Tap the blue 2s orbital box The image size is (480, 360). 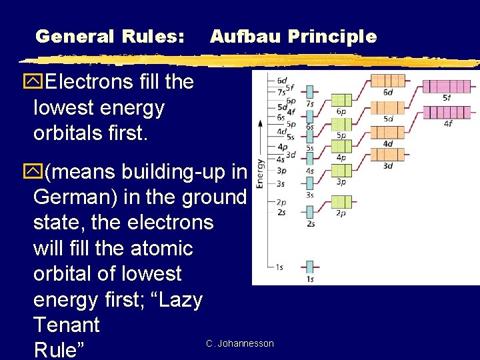310,212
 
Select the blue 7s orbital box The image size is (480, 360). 310,91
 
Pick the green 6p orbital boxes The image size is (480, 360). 341,100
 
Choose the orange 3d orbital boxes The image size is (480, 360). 387,155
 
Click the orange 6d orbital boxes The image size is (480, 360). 387,81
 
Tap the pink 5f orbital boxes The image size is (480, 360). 446,86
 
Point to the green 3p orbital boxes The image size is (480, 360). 341,171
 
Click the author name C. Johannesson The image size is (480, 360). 240,343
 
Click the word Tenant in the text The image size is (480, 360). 66,325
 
